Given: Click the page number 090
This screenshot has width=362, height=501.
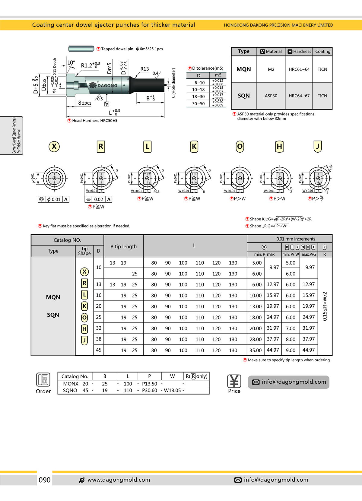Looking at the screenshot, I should [44, 480].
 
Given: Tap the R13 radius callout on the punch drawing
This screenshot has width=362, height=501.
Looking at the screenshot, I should [144, 69].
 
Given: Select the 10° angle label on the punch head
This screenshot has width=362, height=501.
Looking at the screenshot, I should [71, 62].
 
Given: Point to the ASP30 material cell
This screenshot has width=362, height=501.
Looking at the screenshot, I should [271, 96].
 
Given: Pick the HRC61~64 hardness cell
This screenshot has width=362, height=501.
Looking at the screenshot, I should [299, 69].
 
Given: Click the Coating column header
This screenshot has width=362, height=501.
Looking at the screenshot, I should [322, 52].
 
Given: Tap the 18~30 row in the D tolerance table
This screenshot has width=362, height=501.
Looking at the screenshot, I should [198, 97].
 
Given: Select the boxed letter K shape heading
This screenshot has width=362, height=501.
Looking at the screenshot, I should [194, 147].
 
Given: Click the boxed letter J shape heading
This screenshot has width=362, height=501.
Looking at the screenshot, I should [317, 147].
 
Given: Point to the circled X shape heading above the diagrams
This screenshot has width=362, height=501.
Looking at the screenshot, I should [54, 147].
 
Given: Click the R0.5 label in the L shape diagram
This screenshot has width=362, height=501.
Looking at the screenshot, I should [156, 192].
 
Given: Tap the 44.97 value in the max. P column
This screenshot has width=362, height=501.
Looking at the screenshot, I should [273, 350].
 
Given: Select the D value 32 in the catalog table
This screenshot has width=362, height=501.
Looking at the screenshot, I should [99, 328].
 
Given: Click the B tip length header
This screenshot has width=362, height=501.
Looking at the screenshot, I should [123, 246].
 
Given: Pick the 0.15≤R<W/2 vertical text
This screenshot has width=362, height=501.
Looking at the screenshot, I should [325, 306].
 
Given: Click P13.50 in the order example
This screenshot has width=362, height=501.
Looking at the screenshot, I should [149, 384].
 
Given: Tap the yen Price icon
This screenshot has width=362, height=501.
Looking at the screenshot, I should [234, 382].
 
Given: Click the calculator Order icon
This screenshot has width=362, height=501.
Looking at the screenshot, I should [43, 380].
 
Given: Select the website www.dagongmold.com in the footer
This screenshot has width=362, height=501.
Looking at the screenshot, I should [119, 480].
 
